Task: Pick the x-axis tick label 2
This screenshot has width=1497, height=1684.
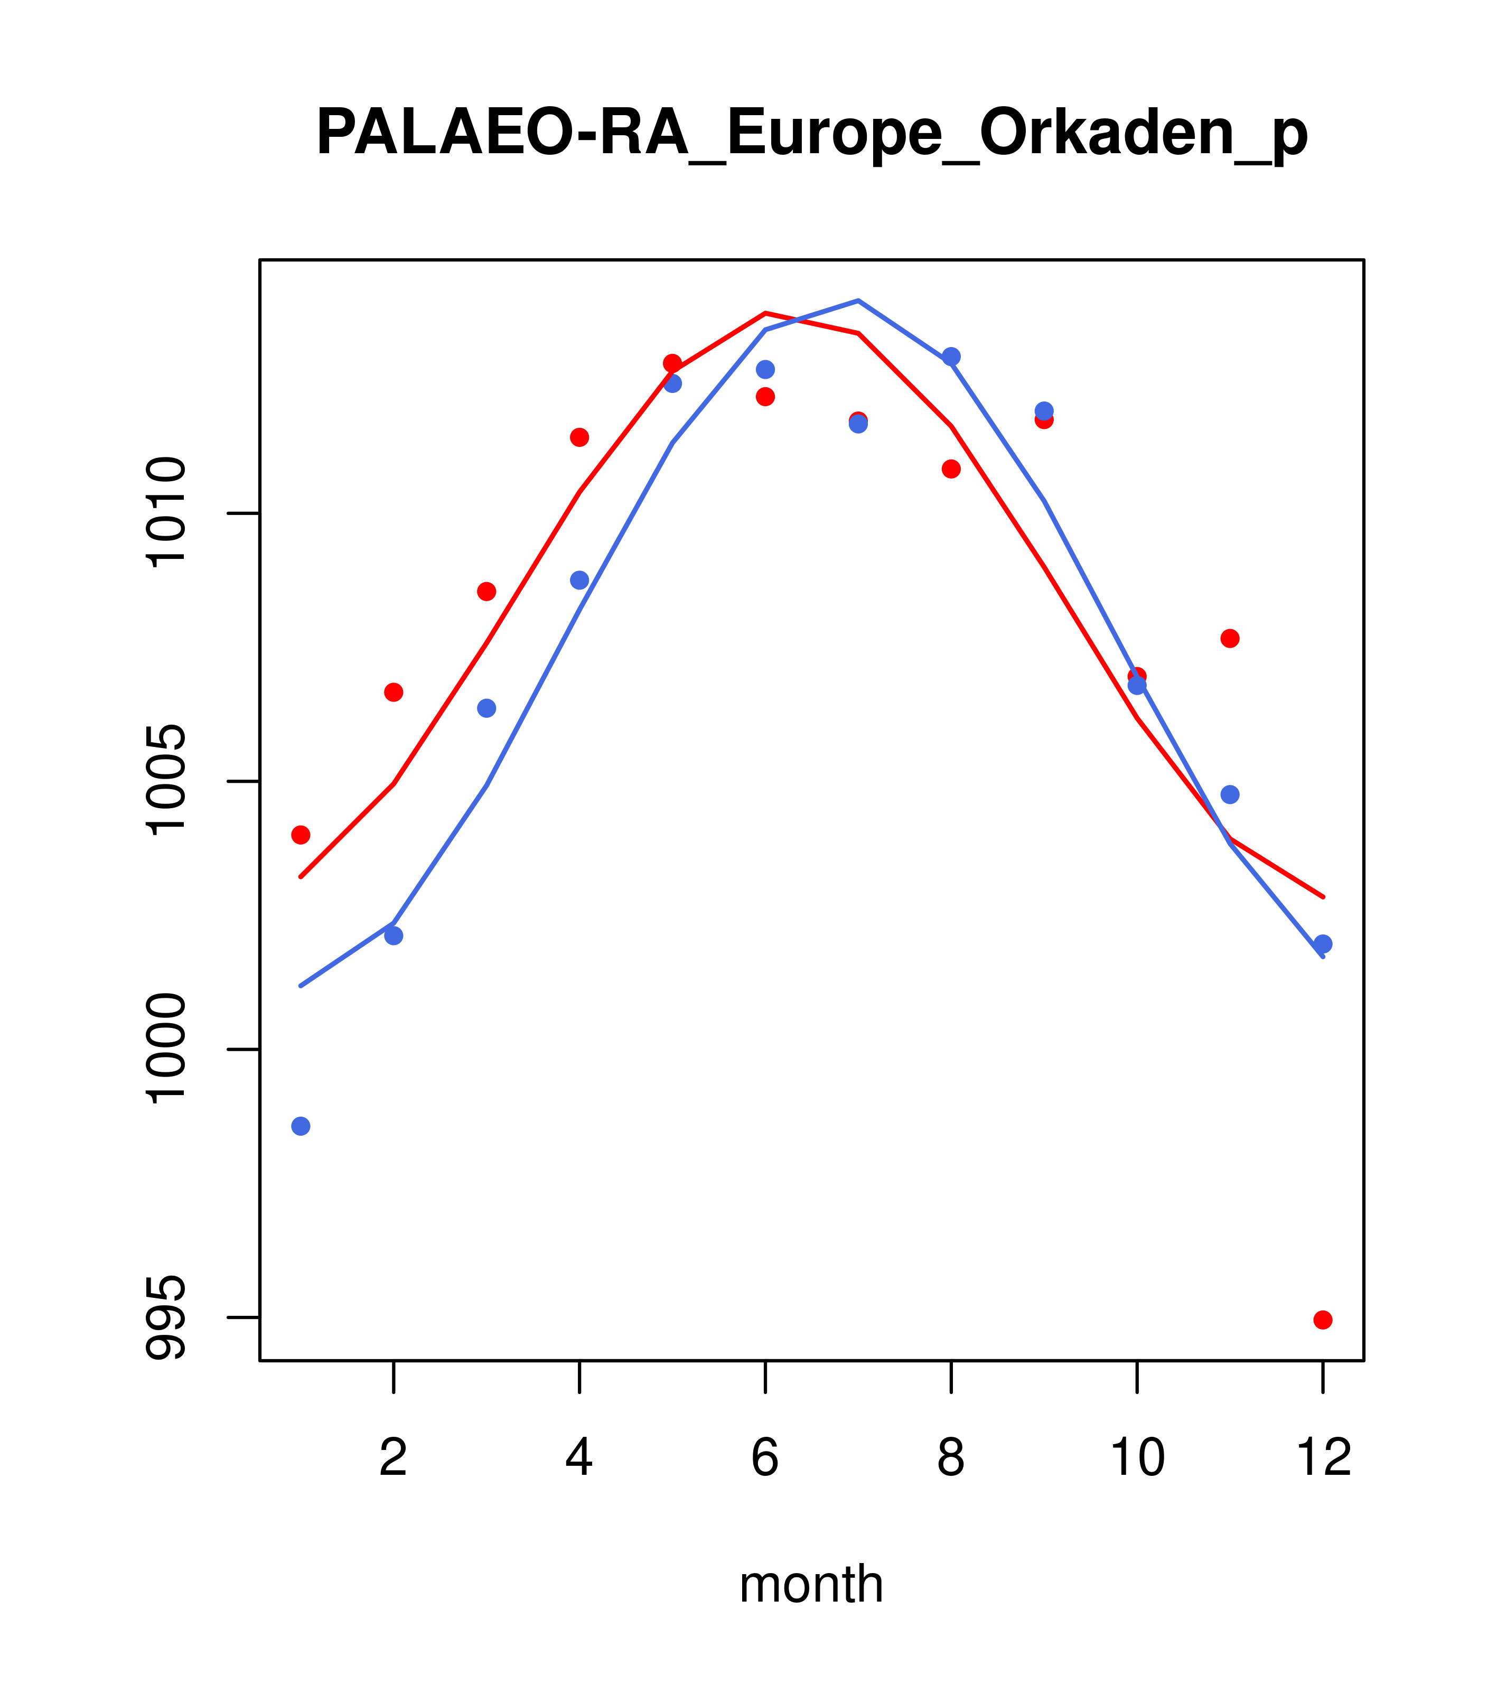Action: pos(394,1457)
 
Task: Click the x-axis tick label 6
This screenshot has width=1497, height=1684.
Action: pos(765,1457)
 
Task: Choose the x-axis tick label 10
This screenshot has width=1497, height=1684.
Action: pos(1137,1457)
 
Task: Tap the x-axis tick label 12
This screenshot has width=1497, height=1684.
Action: pos(1323,1457)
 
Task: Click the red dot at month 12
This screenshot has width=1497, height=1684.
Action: pos(1323,1320)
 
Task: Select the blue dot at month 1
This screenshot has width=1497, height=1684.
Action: pos(301,1126)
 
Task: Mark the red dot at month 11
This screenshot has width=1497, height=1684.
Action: pos(1230,639)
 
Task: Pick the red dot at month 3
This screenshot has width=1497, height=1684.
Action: pos(487,592)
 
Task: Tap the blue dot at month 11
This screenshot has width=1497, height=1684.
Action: pos(1230,794)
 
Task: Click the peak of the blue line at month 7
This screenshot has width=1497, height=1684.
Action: pos(858,301)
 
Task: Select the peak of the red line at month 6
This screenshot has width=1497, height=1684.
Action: pos(765,313)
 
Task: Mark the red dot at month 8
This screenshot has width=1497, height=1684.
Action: pos(951,469)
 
